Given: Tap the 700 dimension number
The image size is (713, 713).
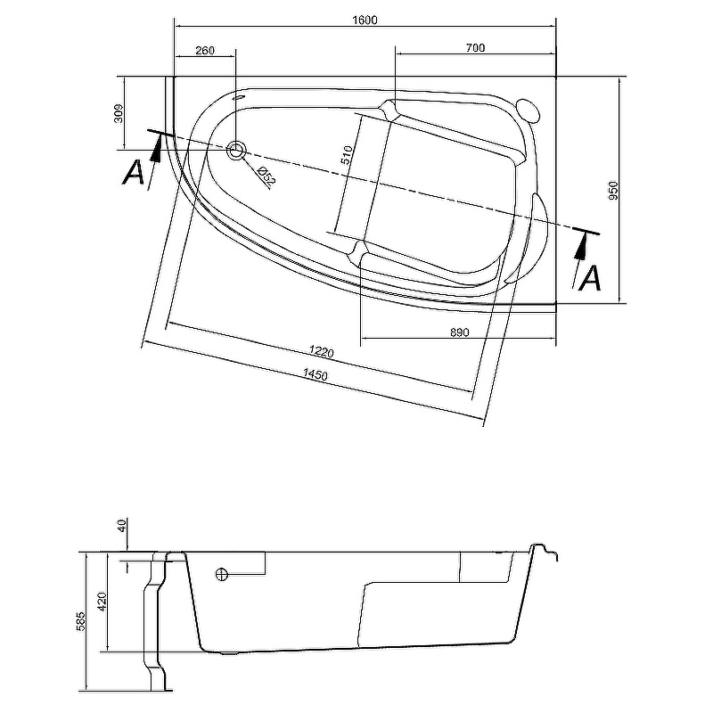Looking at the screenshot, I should click(475, 48).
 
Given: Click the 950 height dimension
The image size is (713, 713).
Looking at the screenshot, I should click(613, 190).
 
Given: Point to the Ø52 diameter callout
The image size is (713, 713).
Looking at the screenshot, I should click(266, 175).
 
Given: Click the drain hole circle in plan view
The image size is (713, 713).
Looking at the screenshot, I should click(236, 151).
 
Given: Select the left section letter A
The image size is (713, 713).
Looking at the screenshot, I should click(133, 172).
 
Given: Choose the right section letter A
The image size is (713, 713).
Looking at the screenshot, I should click(590, 279).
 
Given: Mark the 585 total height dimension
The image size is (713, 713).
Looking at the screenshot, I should click(81, 621).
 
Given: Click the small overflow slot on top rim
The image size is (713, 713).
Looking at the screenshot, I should click(241, 98).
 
